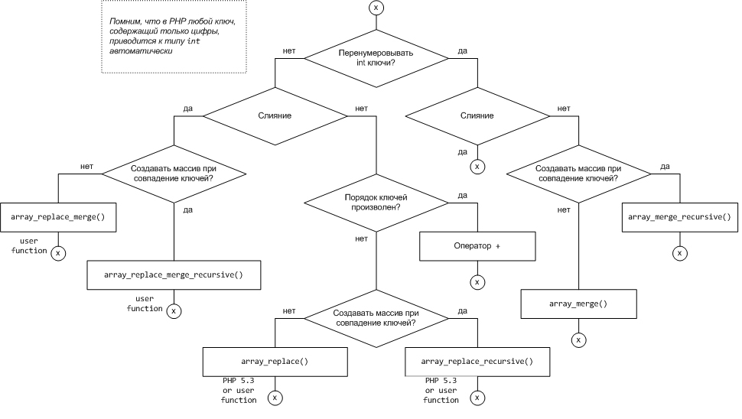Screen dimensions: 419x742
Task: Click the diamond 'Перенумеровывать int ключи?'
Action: click(375, 58)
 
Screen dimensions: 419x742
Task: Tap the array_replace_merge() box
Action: click(57, 218)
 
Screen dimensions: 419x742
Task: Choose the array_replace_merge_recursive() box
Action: click(174, 274)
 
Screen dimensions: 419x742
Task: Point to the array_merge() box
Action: click(578, 304)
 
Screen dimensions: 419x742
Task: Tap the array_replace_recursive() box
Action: click(477, 361)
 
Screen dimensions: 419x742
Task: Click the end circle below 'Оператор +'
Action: click(477, 282)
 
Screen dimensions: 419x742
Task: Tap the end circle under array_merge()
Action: click(578, 339)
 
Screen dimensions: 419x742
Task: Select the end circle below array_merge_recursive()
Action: click(678, 252)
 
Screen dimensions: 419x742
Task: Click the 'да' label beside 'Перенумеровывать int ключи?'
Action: click(463, 51)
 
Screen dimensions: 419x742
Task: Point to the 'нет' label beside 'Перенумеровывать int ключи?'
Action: click(289, 51)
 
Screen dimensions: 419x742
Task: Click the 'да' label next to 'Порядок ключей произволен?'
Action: click(462, 196)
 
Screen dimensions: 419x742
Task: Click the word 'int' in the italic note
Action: click(194, 42)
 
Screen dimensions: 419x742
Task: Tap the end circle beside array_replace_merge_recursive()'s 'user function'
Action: click(174, 310)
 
